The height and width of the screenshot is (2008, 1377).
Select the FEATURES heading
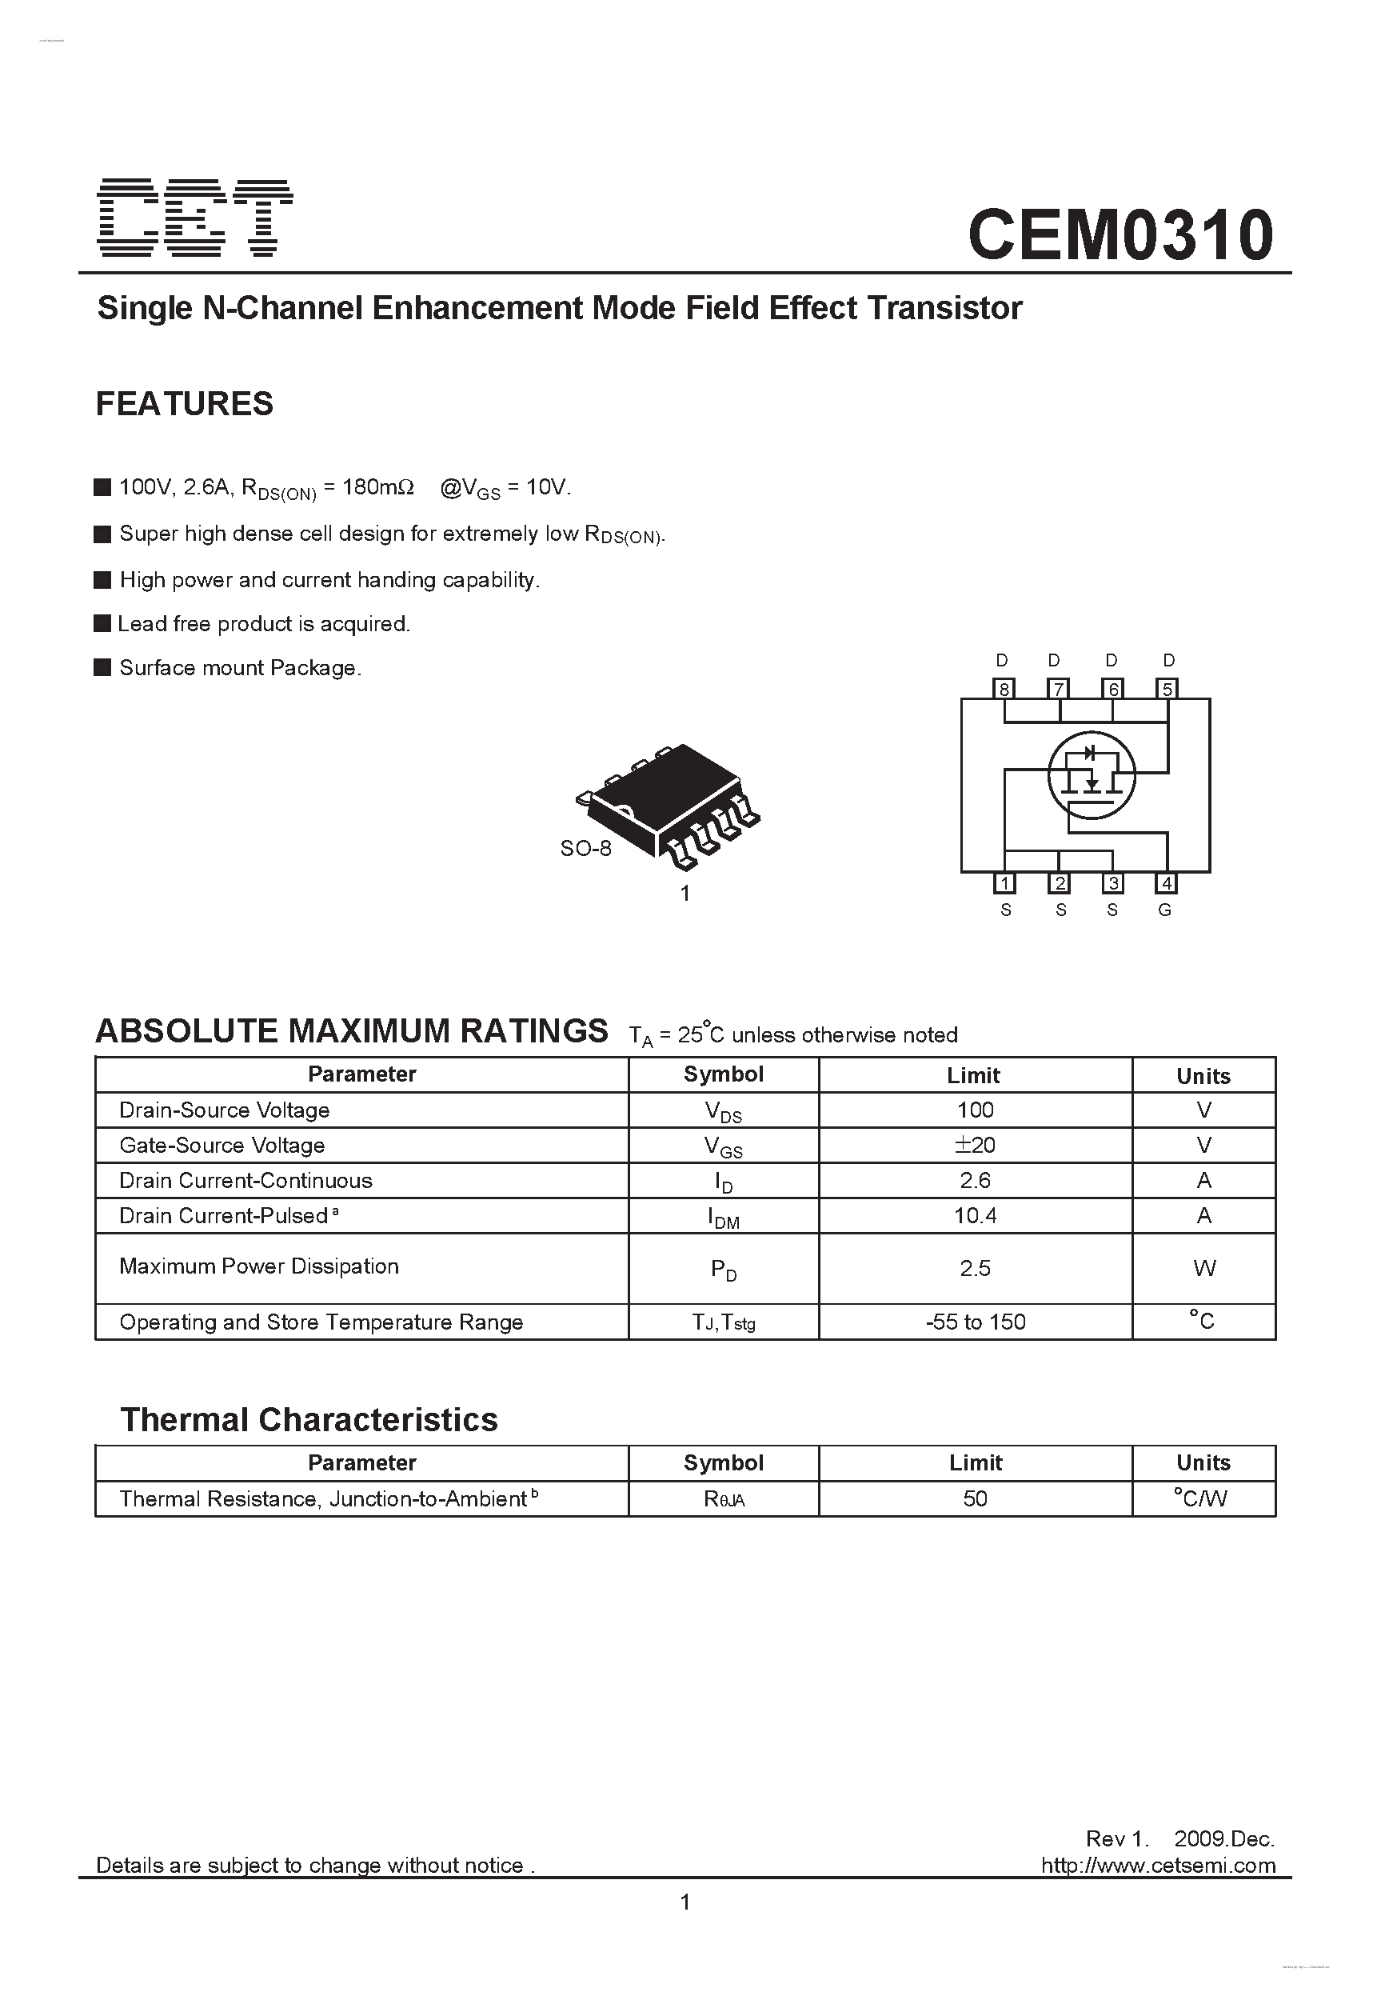(x=184, y=403)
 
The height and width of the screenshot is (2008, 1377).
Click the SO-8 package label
(x=585, y=849)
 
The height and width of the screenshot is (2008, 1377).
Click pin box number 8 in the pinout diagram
(x=1004, y=689)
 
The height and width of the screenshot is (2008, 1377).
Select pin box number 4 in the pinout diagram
(x=1166, y=883)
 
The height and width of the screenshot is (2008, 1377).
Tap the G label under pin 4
(x=1164, y=910)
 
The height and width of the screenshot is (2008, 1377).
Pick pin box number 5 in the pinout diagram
(x=1167, y=689)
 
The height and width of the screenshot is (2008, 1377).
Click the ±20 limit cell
(x=975, y=1145)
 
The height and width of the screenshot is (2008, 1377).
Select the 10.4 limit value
(x=975, y=1216)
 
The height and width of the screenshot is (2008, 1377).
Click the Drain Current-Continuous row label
(x=245, y=1180)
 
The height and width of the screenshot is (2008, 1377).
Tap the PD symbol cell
(x=723, y=1270)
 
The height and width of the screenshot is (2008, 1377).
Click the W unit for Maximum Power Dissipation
(x=1203, y=1268)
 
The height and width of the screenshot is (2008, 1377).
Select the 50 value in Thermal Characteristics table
(x=975, y=1498)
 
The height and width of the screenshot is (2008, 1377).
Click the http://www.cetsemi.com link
(x=1158, y=1866)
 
